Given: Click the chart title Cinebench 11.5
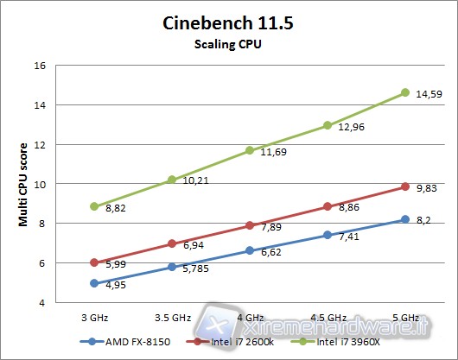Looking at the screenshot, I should (228, 23).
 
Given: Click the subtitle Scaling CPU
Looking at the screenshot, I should (228, 44).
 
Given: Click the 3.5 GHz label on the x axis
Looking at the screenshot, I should (172, 318).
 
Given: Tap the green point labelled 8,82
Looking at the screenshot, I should (93, 206).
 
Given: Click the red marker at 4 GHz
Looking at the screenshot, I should (249, 225).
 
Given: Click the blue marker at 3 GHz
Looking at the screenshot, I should (93, 283).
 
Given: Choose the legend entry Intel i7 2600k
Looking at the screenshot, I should (240, 341).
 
